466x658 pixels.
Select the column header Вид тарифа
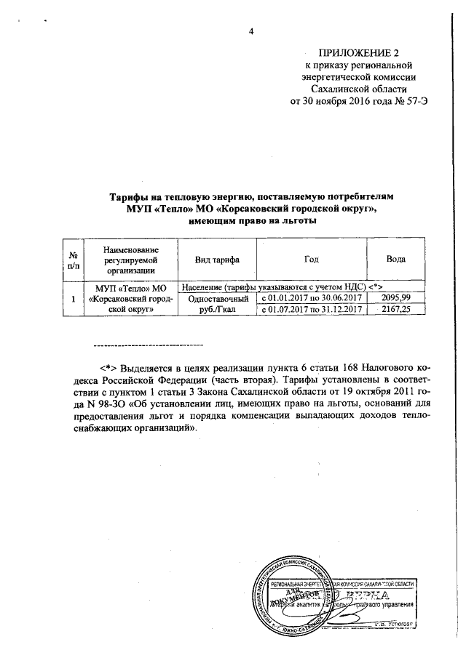coord(217,260)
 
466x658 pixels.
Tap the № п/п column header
coord(73,260)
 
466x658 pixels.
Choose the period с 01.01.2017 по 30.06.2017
coord(312,298)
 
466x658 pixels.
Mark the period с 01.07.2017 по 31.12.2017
coord(312,309)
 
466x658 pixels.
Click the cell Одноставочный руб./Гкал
coord(217,303)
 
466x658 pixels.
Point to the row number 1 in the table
coord(73,299)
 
